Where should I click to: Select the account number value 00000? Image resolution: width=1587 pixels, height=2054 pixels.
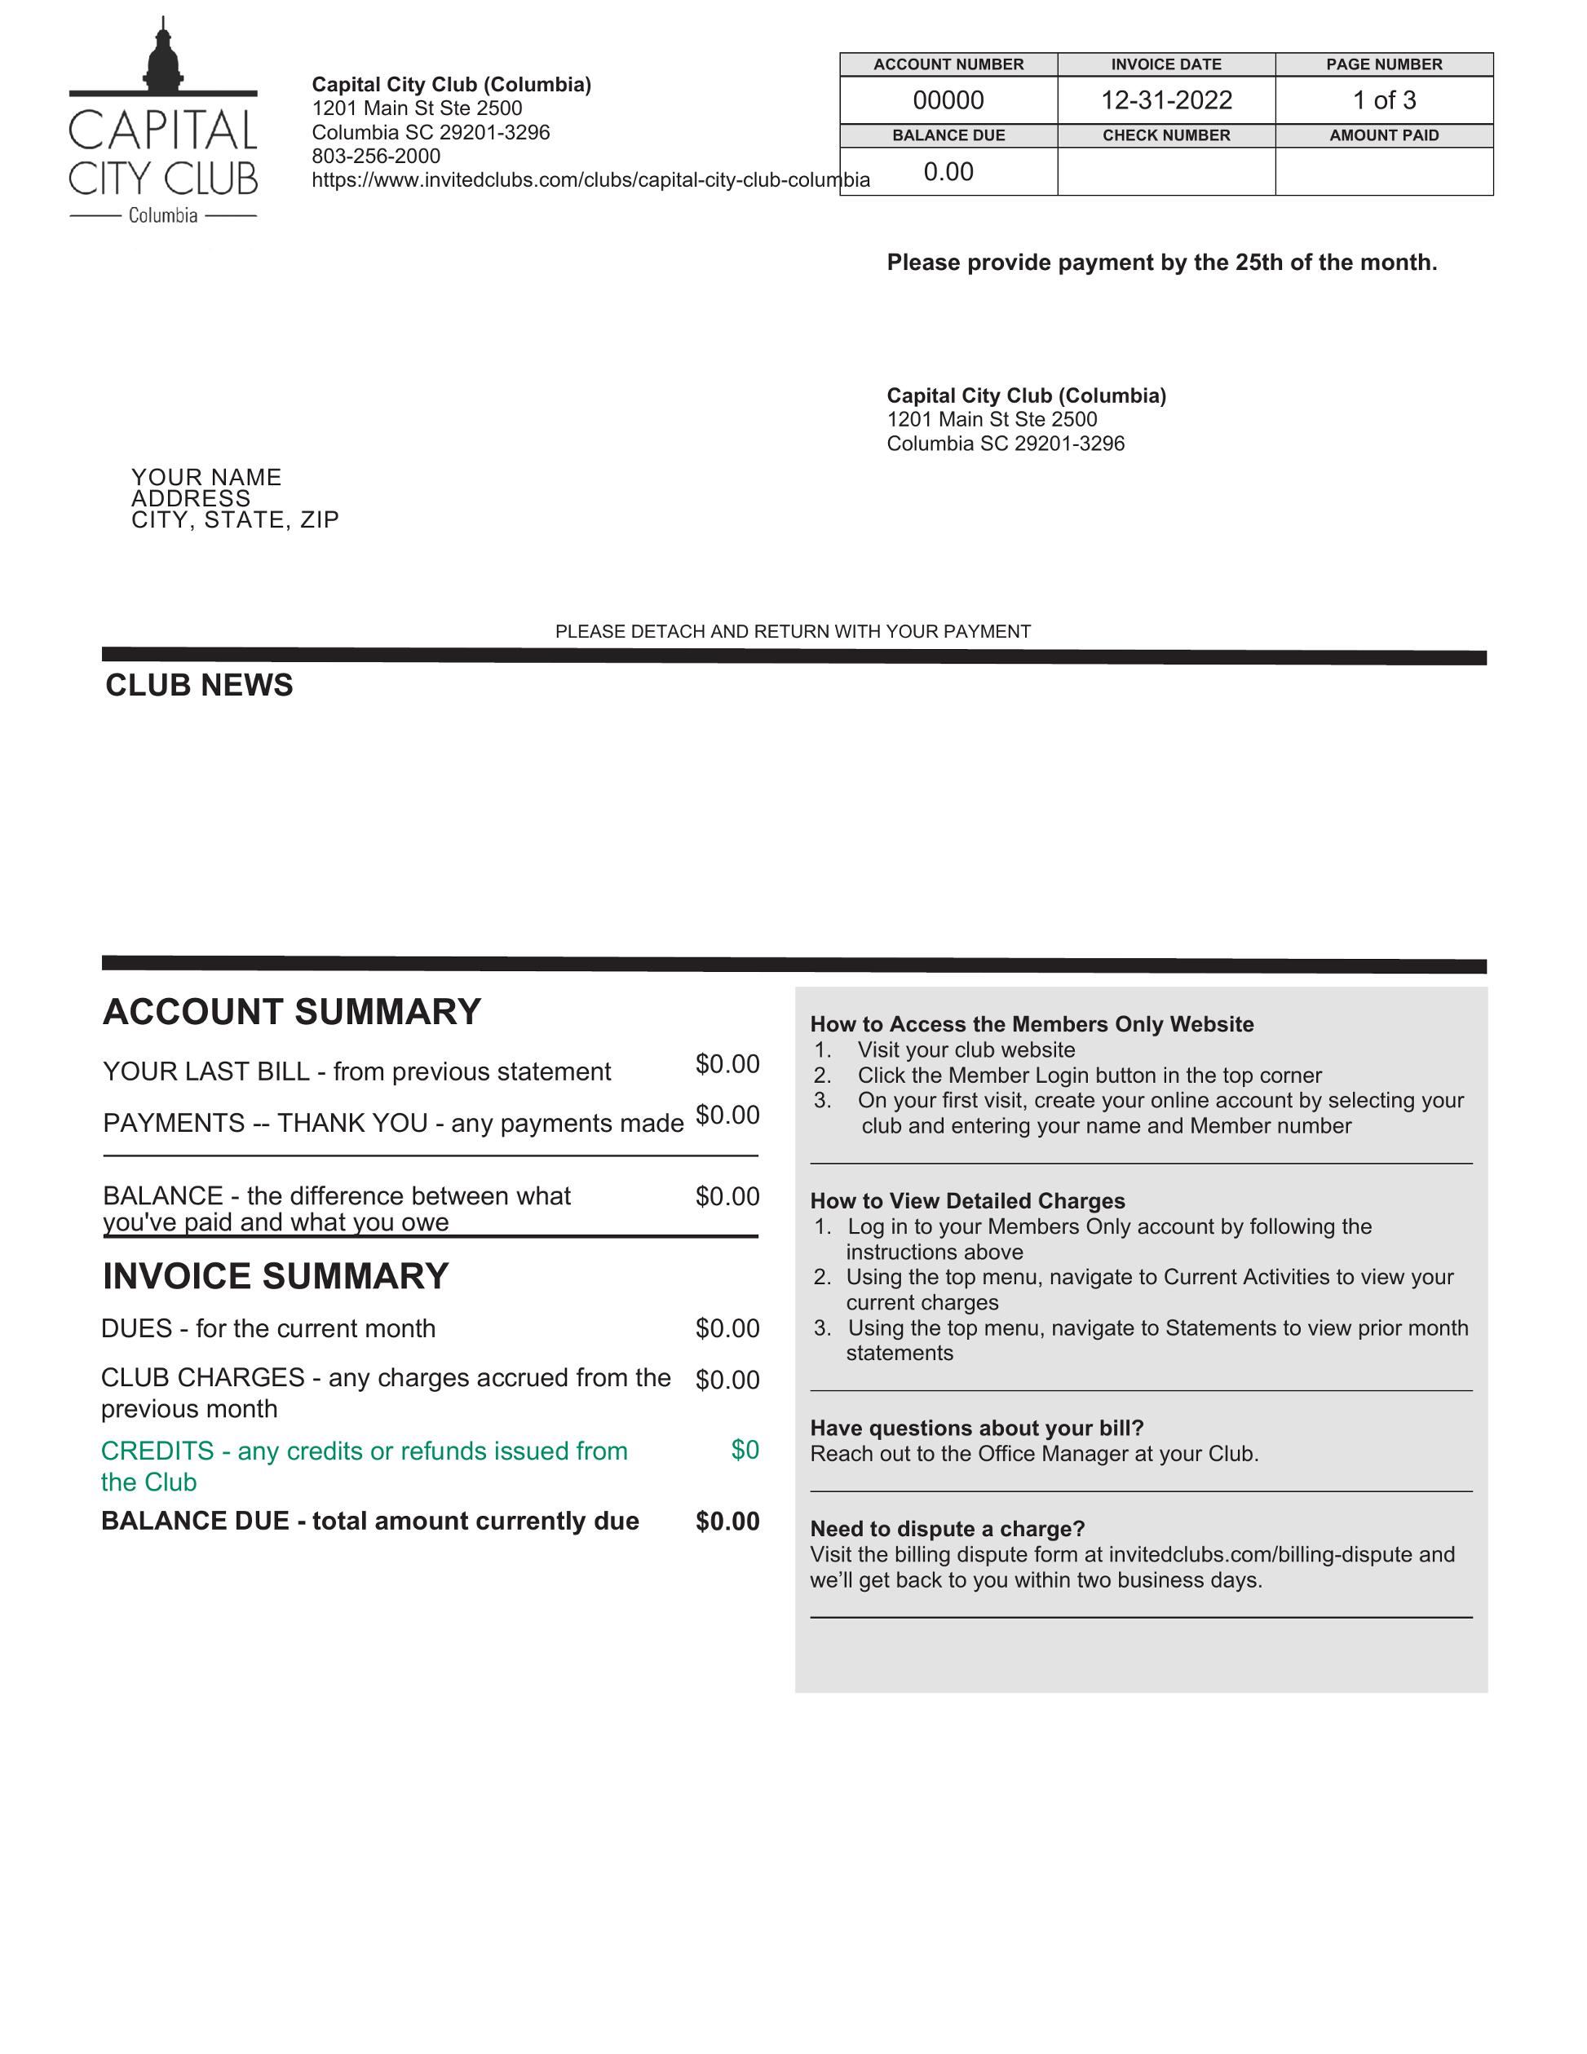point(948,99)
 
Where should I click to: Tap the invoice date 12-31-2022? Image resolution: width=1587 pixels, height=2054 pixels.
point(1165,99)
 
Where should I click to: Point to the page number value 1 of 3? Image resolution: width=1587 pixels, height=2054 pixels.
point(1384,99)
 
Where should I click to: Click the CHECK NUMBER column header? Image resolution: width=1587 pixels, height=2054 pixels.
point(1165,135)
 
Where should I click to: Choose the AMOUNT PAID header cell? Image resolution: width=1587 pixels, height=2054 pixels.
point(1384,135)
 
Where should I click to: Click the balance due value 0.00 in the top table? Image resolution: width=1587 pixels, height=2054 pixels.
point(948,171)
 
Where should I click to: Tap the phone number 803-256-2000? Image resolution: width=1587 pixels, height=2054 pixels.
point(376,156)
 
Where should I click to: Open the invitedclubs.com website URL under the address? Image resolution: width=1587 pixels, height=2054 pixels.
point(590,179)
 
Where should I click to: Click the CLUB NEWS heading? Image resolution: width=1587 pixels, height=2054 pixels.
point(200,686)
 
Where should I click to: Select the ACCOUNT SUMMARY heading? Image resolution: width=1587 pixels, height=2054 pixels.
point(292,1012)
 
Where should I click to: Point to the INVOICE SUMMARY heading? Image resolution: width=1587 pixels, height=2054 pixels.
point(276,1276)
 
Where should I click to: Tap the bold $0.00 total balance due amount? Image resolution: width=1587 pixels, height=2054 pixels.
point(727,1521)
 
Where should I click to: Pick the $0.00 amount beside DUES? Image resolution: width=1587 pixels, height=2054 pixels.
point(727,1328)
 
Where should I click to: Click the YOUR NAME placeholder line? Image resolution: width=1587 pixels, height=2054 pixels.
point(207,477)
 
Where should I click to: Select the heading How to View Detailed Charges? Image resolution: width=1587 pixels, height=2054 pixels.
point(967,1201)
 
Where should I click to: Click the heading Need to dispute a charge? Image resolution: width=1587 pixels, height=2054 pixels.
point(948,1528)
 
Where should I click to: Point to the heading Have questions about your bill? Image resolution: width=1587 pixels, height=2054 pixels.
point(976,1428)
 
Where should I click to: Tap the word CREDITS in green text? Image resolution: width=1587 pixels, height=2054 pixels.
point(157,1451)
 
